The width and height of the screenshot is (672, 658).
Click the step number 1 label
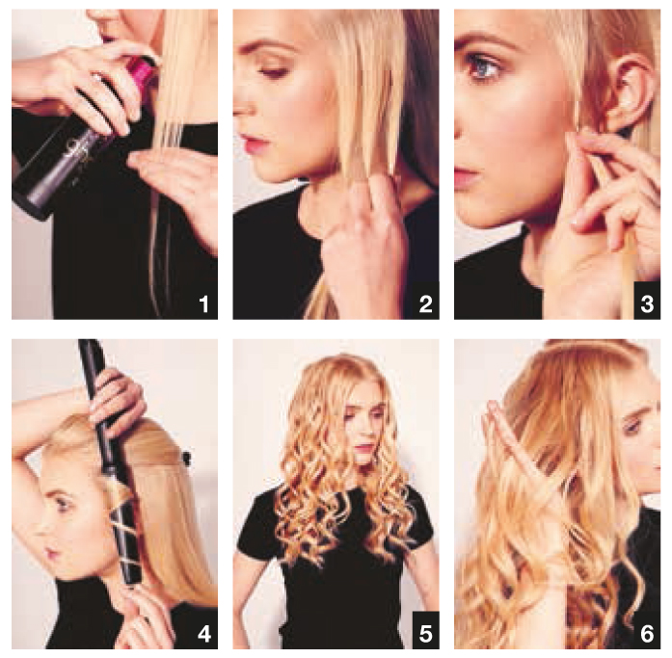point(204,304)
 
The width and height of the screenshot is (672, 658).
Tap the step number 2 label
point(425,304)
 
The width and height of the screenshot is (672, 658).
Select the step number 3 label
point(647,304)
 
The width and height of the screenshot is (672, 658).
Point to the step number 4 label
point(204,634)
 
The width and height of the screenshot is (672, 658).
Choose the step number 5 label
point(425,634)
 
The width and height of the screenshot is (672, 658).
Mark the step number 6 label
point(647,634)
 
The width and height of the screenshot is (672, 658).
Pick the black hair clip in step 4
point(185,458)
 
